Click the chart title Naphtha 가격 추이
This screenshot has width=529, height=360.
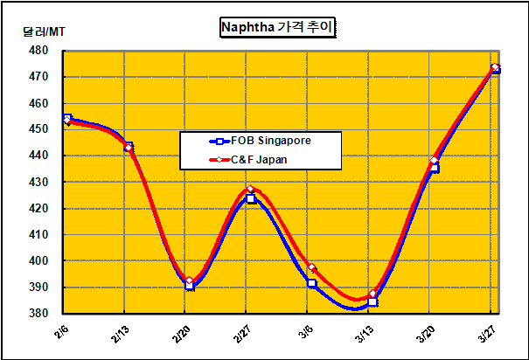277,28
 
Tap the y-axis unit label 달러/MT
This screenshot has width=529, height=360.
45,32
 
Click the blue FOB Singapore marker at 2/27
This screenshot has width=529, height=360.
251,199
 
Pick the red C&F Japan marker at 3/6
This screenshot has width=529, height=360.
312,268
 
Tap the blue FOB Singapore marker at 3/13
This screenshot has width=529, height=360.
372,301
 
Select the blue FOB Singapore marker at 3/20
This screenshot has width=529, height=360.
434,168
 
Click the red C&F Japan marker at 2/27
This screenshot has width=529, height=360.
251,190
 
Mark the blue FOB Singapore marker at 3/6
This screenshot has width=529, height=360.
312,283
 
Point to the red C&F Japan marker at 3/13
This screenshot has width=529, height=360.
372,294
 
